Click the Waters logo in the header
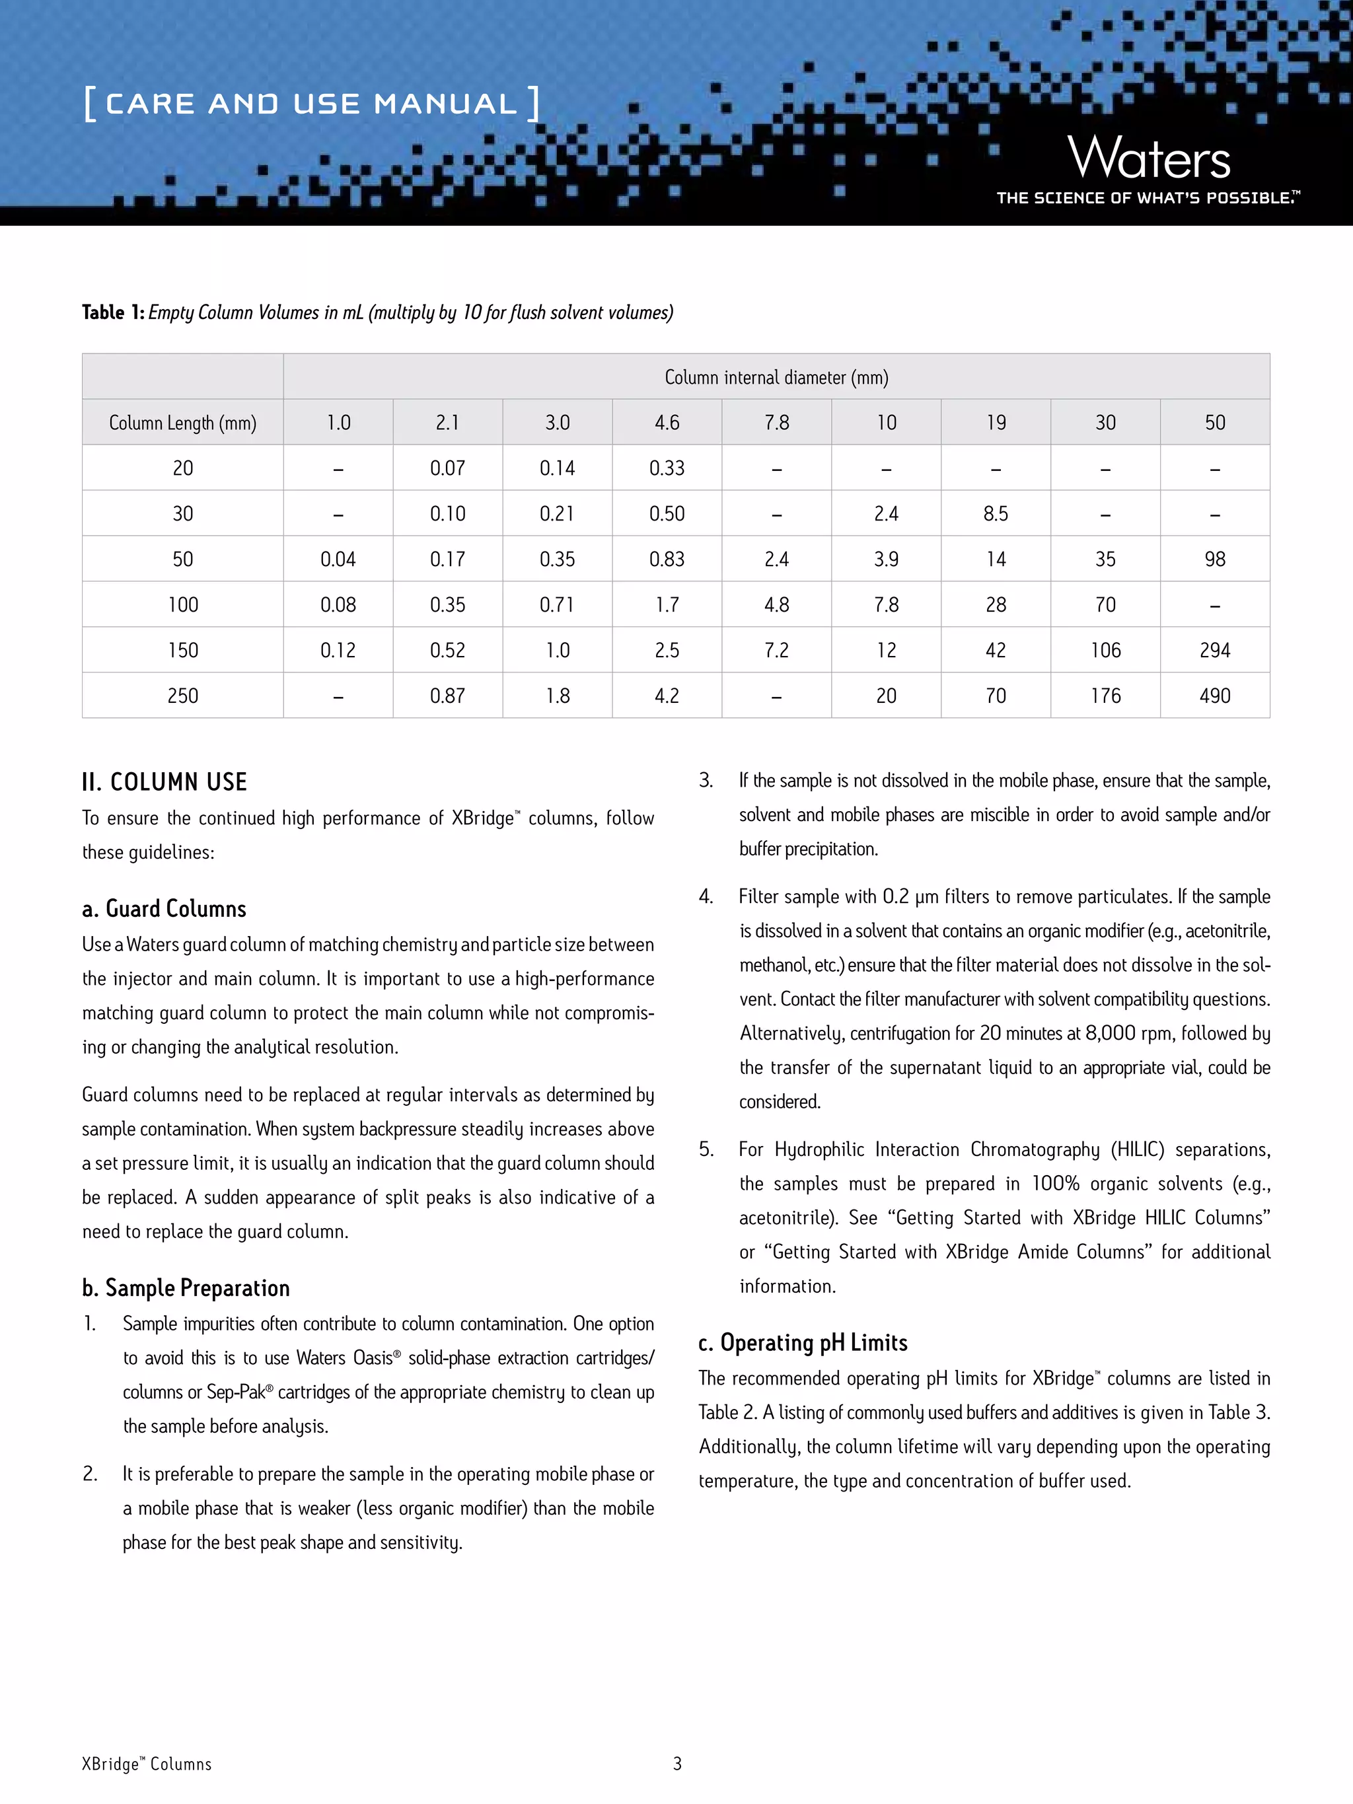(x=1148, y=159)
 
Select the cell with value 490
(x=1214, y=696)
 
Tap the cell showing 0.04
(x=338, y=559)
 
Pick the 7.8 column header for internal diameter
(x=776, y=423)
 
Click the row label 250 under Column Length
(x=183, y=696)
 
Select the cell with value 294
(x=1214, y=650)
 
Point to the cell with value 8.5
(x=995, y=514)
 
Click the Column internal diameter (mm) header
(x=776, y=377)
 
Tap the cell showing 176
(x=1105, y=696)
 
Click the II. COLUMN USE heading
(x=164, y=782)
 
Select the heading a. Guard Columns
(x=164, y=908)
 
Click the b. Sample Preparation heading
(x=186, y=1287)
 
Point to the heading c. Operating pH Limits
(x=803, y=1342)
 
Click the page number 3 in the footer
(x=677, y=1763)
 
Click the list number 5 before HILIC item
(x=706, y=1149)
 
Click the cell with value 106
(x=1105, y=650)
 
